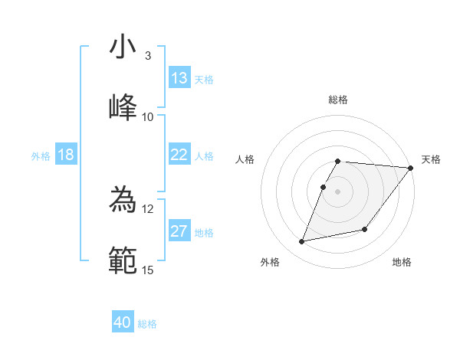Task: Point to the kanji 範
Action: coord(123,260)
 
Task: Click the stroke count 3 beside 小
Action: coord(148,56)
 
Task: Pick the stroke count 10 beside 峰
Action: coord(148,117)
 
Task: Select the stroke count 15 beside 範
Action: coord(148,270)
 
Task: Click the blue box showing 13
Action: coord(179,78)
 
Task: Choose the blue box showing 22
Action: coord(179,155)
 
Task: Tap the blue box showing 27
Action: coord(179,231)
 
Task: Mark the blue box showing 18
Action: coord(66,155)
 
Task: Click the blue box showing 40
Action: coord(123,322)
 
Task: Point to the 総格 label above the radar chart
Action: coord(338,100)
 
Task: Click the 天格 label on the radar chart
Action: coord(431,159)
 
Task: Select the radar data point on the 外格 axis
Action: coord(302,242)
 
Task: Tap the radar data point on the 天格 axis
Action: coord(411,168)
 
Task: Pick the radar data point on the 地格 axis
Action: coord(366,229)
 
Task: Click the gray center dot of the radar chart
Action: coord(338,191)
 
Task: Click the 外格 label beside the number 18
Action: coord(41,155)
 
